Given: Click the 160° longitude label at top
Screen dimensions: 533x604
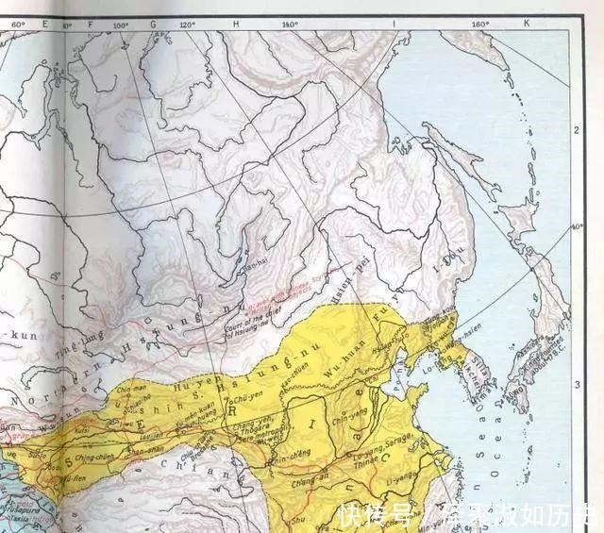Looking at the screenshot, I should point(479,24).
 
